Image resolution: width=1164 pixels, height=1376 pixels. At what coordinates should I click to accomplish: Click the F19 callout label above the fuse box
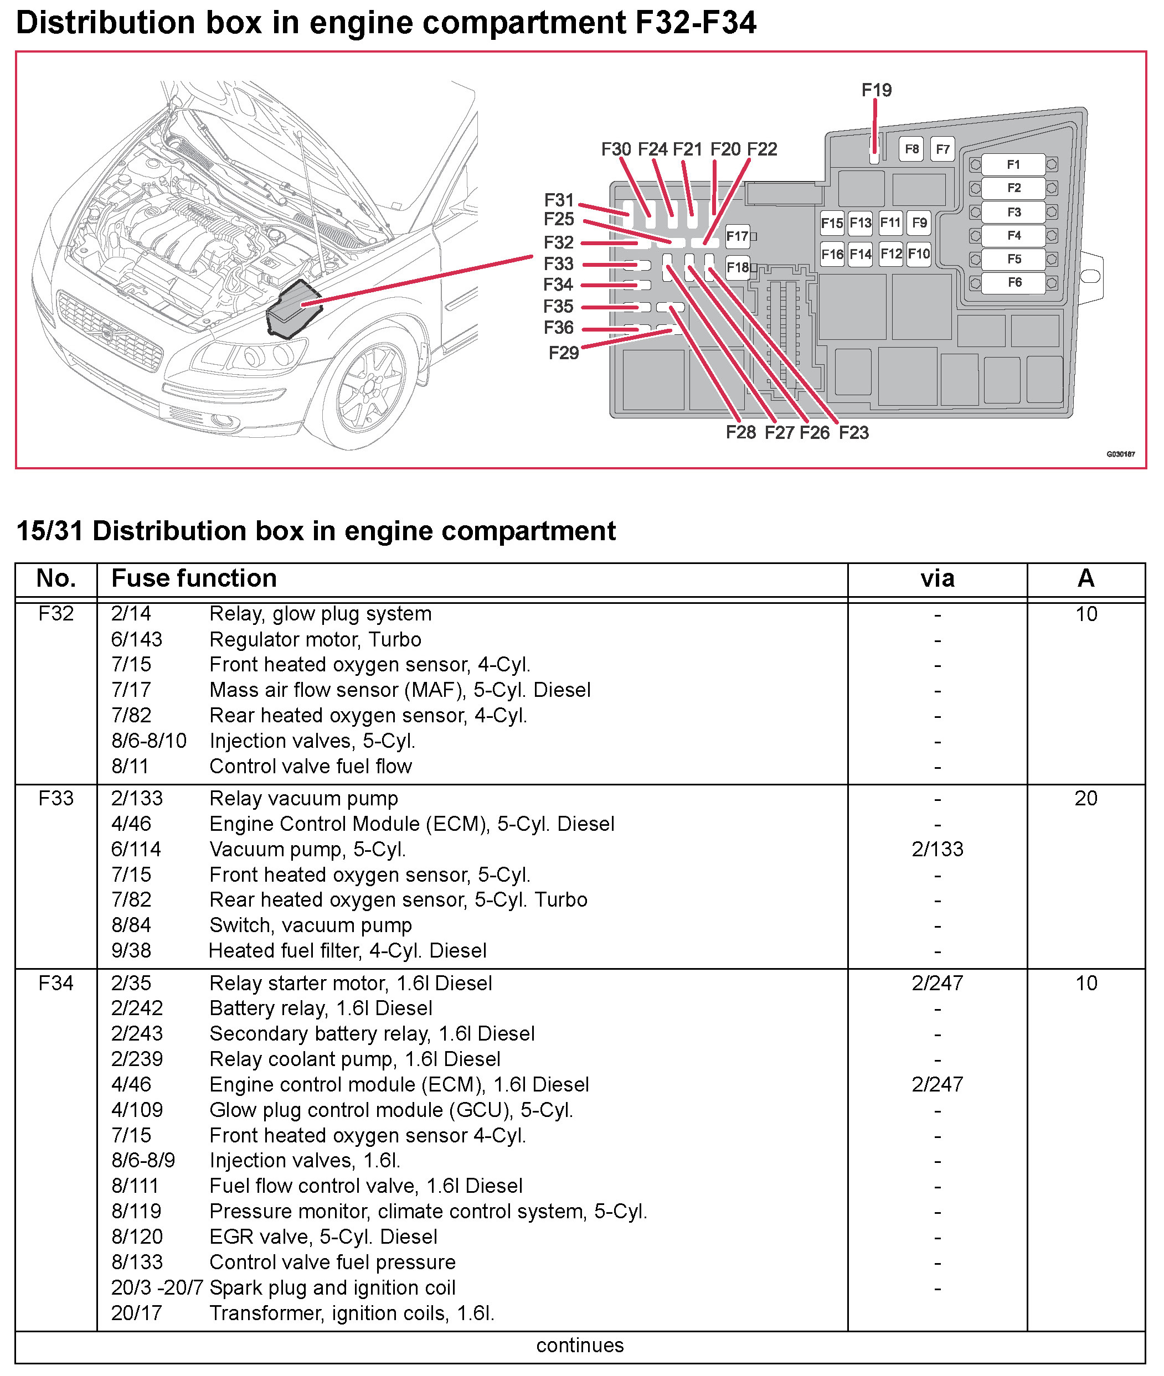pyautogui.click(x=876, y=90)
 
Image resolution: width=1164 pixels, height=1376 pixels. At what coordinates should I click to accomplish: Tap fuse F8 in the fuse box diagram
pyautogui.click(x=911, y=149)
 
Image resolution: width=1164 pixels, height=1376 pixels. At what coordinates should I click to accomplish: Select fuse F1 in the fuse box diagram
pyautogui.click(x=1013, y=164)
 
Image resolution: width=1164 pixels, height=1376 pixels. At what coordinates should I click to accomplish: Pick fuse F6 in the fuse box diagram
pyautogui.click(x=1014, y=282)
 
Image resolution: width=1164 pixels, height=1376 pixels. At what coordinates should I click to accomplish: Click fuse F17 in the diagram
pyautogui.click(x=737, y=236)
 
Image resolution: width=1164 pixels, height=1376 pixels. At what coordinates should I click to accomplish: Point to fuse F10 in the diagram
pyautogui.click(x=919, y=254)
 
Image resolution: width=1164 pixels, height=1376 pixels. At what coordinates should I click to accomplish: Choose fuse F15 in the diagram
pyautogui.click(x=831, y=223)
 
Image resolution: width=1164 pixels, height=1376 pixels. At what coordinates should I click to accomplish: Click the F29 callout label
pyautogui.click(x=564, y=353)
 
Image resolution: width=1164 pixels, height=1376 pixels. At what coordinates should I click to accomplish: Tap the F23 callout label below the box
pyautogui.click(x=853, y=433)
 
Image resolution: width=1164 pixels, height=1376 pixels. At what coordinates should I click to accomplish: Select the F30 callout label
pyautogui.click(x=616, y=149)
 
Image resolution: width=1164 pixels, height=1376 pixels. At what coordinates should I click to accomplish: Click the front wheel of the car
pyautogui.click(x=369, y=389)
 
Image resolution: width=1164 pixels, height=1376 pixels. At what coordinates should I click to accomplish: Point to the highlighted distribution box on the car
pyautogui.click(x=292, y=310)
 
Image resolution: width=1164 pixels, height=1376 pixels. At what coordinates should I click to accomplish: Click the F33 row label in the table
pyautogui.click(x=55, y=798)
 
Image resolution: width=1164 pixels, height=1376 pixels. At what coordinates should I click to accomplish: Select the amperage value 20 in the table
pyautogui.click(x=1085, y=798)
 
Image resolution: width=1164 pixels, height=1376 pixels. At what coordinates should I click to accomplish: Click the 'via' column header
pyautogui.click(x=937, y=578)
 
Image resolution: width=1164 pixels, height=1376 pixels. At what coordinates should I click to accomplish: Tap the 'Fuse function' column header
pyautogui.click(x=194, y=578)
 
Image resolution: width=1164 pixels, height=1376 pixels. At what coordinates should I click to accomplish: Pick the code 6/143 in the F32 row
pyautogui.click(x=137, y=639)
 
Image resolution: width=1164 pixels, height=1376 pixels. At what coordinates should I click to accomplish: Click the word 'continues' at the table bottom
pyautogui.click(x=579, y=1345)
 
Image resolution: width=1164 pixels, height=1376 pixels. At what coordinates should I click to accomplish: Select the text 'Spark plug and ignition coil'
pyautogui.click(x=333, y=1287)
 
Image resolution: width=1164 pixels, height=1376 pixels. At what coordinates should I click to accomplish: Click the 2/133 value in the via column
pyautogui.click(x=937, y=849)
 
